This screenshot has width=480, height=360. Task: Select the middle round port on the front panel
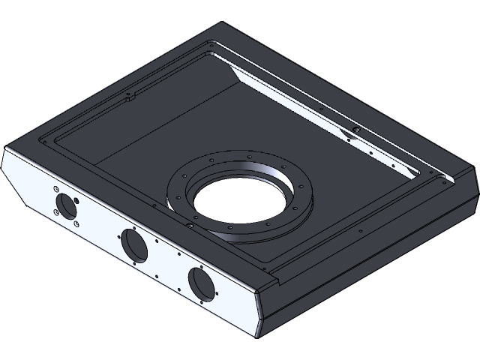coord(134,245)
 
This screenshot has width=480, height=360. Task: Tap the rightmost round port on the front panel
coord(202,283)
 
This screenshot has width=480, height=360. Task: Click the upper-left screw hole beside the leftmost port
coord(56,188)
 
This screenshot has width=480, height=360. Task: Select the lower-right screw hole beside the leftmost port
coord(76,223)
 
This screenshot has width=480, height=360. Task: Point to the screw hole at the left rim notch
coord(128,94)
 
